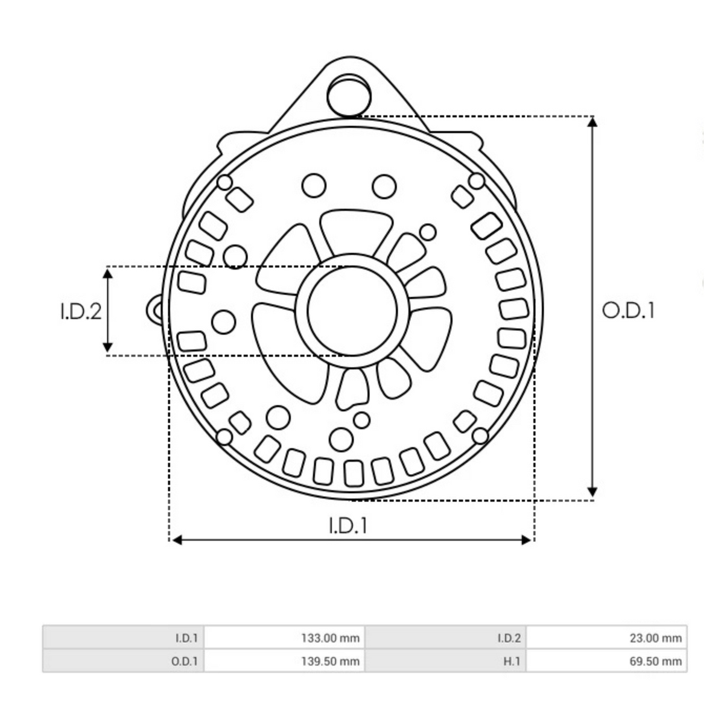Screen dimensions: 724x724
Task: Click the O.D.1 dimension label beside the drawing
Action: pyautogui.click(x=628, y=311)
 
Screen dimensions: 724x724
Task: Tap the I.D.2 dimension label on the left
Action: pyautogui.click(x=81, y=312)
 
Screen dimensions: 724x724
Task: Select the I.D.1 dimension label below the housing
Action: pyautogui.click(x=348, y=526)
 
